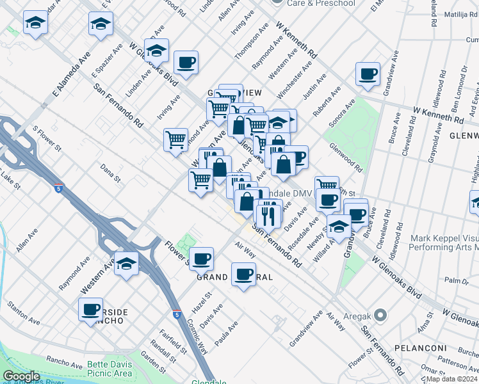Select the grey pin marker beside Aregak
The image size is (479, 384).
pos(381,315)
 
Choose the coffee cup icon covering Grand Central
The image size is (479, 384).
pos(243,273)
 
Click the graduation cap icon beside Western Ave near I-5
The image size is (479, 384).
pos(127,263)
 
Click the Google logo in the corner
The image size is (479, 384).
pos(22,376)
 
